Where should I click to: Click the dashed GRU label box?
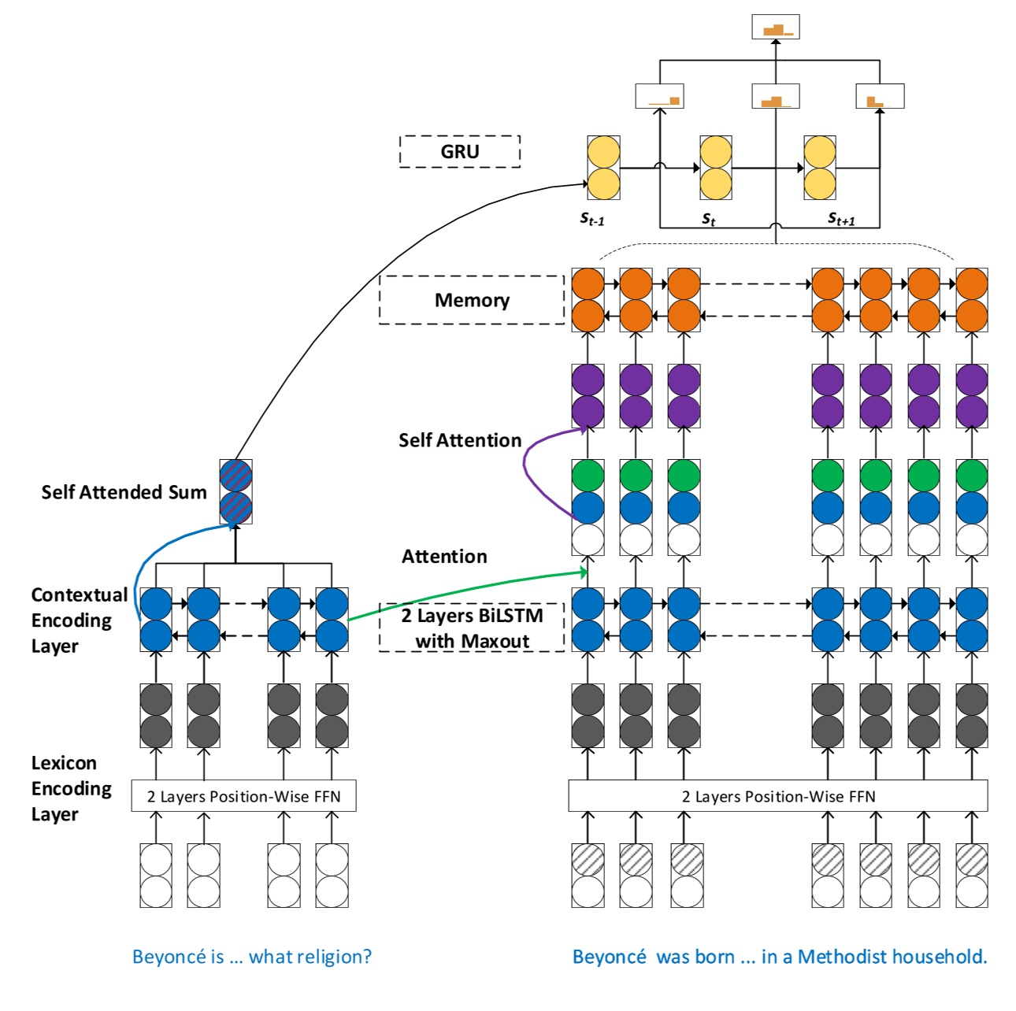[460, 151]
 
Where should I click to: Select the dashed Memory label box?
[472, 300]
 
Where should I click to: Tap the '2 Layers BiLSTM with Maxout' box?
[472, 628]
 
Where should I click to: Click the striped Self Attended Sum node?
[235, 492]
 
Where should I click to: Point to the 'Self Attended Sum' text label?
[124, 492]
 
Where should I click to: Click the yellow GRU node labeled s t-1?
[603, 168]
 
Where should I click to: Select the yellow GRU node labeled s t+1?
[819, 168]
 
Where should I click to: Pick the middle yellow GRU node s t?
[716, 168]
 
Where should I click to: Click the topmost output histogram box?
[776, 28]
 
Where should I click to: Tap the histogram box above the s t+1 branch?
[880, 96]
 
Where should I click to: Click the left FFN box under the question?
[243, 796]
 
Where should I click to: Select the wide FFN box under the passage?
[777, 796]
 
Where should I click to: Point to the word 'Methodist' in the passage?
[836, 957]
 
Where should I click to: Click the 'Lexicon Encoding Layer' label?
[71, 788]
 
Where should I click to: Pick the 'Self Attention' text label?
[460, 440]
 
